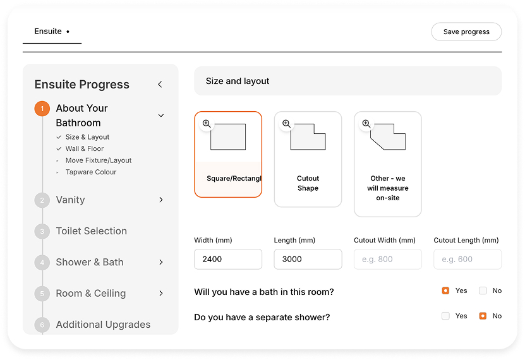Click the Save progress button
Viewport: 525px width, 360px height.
(x=466, y=32)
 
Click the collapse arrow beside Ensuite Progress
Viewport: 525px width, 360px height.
(x=160, y=84)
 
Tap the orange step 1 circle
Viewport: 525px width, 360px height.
(x=42, y=109)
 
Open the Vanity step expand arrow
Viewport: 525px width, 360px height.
(x=161, y=200)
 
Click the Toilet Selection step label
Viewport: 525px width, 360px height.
(x=92, y=231)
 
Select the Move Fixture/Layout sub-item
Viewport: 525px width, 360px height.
(x=99, y=160)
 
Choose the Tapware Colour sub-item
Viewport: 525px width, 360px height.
(x=91, y=172)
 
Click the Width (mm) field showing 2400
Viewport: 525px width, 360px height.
(x=228, y=259)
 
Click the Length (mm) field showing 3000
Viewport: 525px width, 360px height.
(x=308, y=259)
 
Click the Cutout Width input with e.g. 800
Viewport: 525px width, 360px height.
(x=388, y=259)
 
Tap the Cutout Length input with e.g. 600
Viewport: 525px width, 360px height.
(x=468, y=259)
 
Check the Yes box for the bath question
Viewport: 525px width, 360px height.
(x=445, y=291)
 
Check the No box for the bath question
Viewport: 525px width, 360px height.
(x=483, y=291)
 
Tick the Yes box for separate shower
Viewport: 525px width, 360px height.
(x=445, y=316)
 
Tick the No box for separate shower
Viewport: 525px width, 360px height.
(x=483, y=316)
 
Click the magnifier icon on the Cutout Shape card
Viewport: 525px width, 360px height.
(x=287, y=124)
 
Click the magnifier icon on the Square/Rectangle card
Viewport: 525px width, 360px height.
(x=207, y=124)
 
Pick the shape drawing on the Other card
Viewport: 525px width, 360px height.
(x=389, y=137)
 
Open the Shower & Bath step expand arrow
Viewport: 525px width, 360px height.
(x=161, y=262)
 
